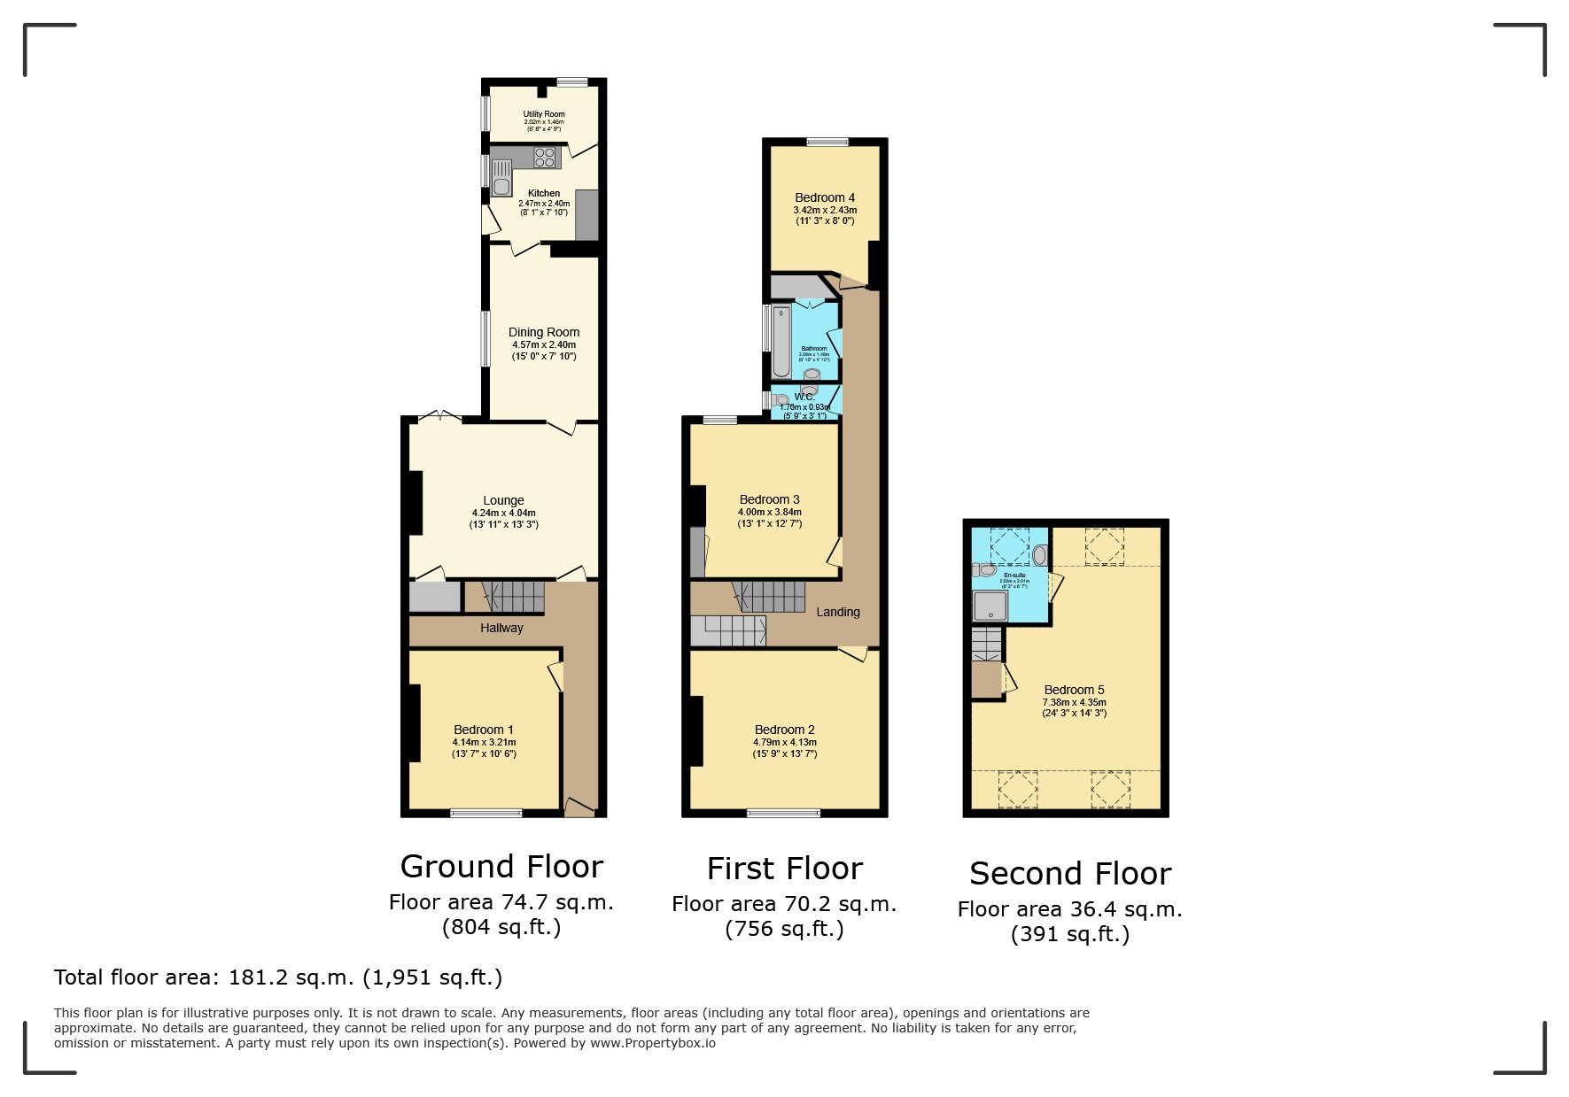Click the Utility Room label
pos(543,114)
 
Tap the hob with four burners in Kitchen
pos(546,158)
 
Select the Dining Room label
pos(543,332)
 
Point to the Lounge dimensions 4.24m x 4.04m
pos(503,513)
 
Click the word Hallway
pos(501,628)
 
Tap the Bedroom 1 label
pos(484,730)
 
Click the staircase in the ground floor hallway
pos(514,597)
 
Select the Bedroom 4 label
pos(825,197)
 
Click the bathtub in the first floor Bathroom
pos(781,342)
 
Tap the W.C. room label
pos(804,397)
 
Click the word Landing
pos(837,612)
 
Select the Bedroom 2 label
pos(784,730)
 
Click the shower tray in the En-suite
pos(990,606)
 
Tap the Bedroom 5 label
pos(1074,690)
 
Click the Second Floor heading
pos(1070,874)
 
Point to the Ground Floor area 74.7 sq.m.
pos(501,902)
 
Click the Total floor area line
pos(278,977)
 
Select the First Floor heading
pos(784,869)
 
